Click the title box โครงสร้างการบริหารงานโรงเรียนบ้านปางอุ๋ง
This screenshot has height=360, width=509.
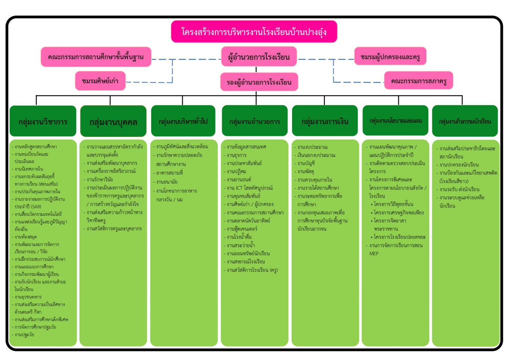pos(254,32)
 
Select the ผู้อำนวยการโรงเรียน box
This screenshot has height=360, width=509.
pos(259,57)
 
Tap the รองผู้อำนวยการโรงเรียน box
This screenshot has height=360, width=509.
pos(259,82)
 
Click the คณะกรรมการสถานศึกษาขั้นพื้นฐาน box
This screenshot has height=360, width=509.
pos(96,57)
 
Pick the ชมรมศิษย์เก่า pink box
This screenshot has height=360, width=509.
pos(100,81)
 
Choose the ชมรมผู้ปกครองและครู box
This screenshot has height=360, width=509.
pos(390,57)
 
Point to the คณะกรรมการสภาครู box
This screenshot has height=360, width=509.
pos(418,81)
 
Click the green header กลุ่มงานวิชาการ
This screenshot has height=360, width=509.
pos(43,121)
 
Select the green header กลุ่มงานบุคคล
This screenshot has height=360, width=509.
pos(113,122)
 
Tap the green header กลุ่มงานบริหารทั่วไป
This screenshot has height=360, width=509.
pos(183,121)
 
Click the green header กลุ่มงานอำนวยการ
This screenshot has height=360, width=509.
pos(254,121)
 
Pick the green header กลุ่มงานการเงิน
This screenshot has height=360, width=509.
pos(324,121)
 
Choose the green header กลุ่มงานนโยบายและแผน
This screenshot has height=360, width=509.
pos(395,121)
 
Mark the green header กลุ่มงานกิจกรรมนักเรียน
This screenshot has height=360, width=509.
pos(465,121)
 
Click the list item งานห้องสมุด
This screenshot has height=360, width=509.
pos(26,237)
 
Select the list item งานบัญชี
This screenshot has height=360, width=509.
pos(306,163)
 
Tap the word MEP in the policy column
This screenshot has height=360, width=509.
pos(374,254)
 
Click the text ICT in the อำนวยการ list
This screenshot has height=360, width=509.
pos(239,188)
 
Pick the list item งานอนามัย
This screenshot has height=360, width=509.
pos(167,182)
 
